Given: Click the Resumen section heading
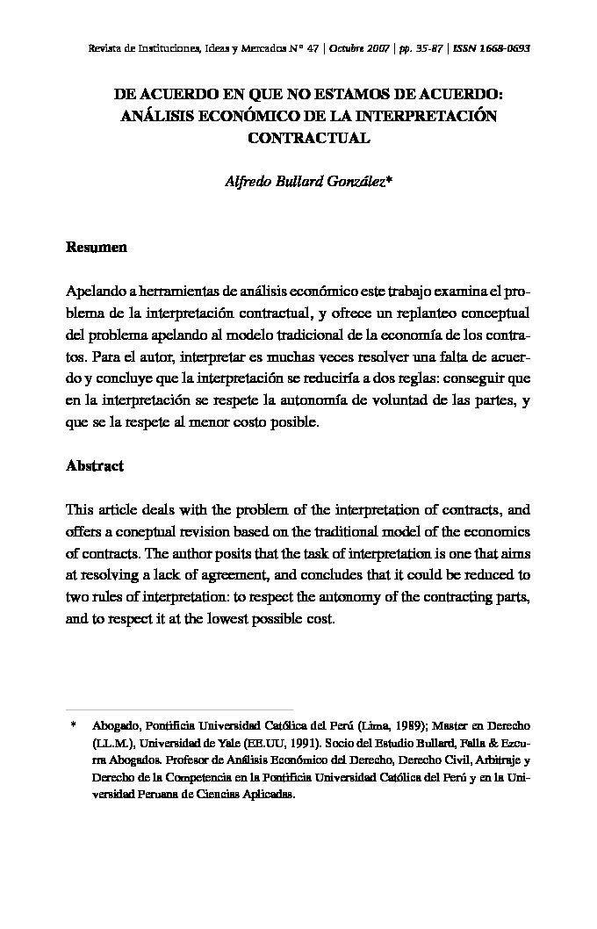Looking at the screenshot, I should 97,248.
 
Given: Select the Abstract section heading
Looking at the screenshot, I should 95,466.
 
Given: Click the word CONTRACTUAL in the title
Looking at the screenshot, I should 298,138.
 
